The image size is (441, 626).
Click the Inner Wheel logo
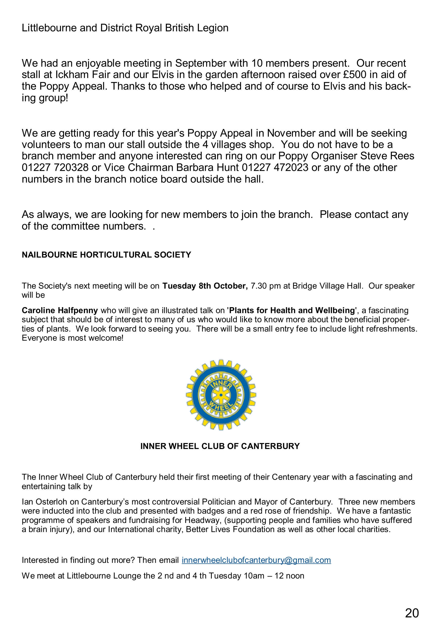tap(221, 395)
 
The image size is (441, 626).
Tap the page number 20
tap(412, 613)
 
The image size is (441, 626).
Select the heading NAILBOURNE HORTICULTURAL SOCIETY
tap(106, 255)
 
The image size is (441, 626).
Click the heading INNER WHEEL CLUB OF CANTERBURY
tap(220, 446)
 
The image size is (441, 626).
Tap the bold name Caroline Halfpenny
tap(60, 310)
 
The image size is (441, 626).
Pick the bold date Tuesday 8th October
tap(205, 286)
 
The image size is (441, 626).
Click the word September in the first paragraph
tap(200, 63)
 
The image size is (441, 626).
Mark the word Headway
tap(202, 520)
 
